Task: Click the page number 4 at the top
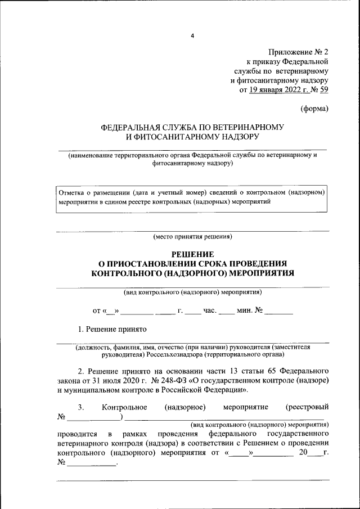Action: [192, 36]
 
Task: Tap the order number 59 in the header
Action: [324, 89]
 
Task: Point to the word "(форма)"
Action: [314, 108]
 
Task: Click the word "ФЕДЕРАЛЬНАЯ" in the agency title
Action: [130, 127]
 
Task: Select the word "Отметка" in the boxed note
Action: [71, 192]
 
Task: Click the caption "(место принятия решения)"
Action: [192, 237]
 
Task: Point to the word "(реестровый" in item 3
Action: [307, 407]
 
